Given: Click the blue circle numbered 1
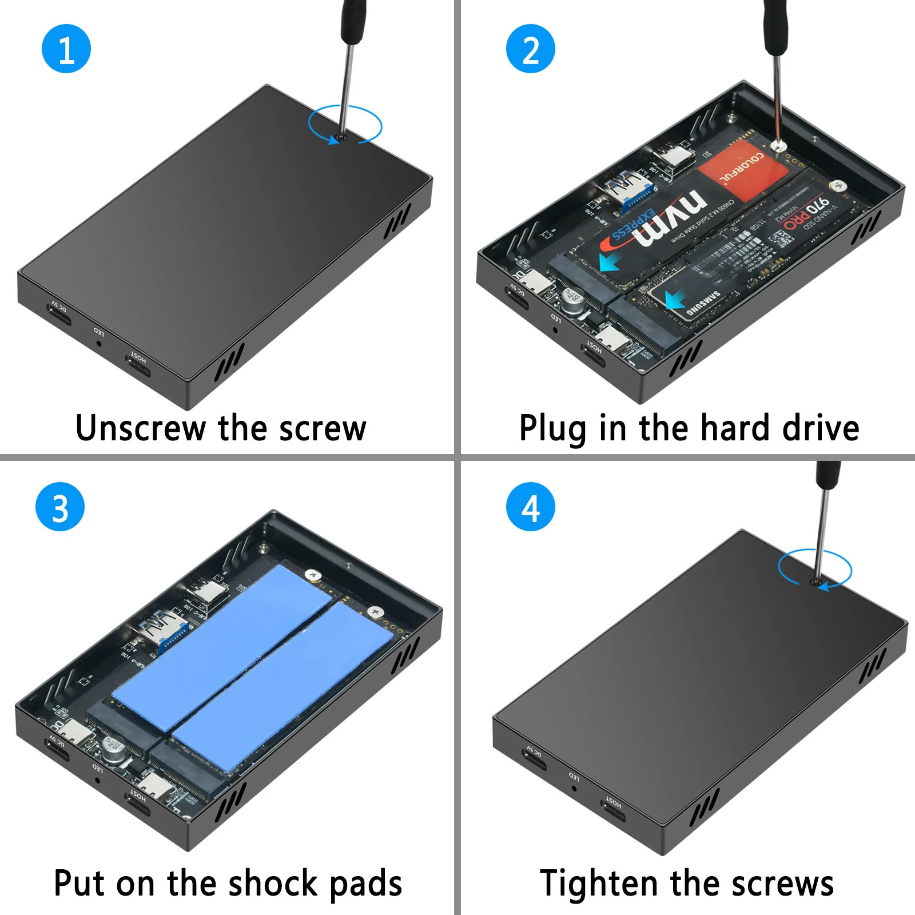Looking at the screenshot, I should (x=66, y=49).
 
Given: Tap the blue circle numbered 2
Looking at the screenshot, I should (x=530, y=49).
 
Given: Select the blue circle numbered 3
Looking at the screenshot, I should (x=60, y=507).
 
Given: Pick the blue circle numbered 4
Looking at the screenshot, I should (x=530, y=507).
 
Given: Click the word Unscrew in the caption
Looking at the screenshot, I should (x=140, y=428).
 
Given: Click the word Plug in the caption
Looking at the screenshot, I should (x=552, y=428).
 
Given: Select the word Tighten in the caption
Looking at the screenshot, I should (x=598, y=883).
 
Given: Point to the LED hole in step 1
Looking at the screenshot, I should (x=99, y=343).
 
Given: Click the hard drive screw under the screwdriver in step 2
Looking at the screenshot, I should (x=777, y=146).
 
